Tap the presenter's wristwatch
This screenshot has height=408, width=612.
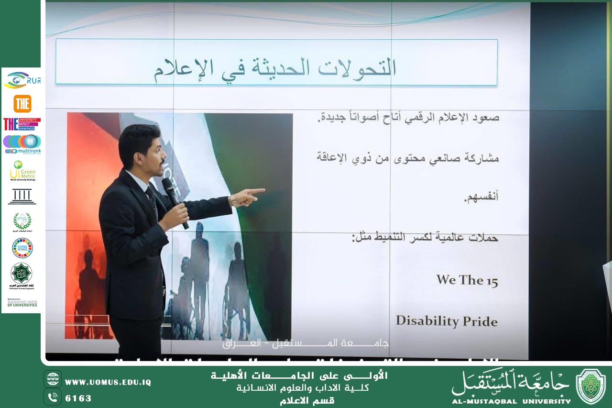[233, 200]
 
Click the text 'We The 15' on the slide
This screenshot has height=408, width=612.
[467, 280]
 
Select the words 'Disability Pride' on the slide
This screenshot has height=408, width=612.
[447, 320]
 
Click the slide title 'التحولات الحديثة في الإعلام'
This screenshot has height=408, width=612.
[275, 68]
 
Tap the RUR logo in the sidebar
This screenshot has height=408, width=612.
[22, 80]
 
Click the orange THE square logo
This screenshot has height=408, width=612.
[22, 103]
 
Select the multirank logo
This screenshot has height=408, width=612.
[22, 144]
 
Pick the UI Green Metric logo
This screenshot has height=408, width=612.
[22, 170]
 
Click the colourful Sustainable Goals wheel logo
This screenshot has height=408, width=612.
[22, 248]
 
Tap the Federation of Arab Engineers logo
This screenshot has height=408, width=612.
[22, 275]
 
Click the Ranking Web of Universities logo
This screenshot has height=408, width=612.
[22, 303]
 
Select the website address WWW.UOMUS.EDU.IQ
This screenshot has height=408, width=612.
[108, 382]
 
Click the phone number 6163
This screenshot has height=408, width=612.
[78, 398]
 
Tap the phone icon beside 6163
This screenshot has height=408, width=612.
[53, 397]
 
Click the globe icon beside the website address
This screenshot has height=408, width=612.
[53, 379]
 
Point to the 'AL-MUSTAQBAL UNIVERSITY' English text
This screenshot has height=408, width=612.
[511, 401]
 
